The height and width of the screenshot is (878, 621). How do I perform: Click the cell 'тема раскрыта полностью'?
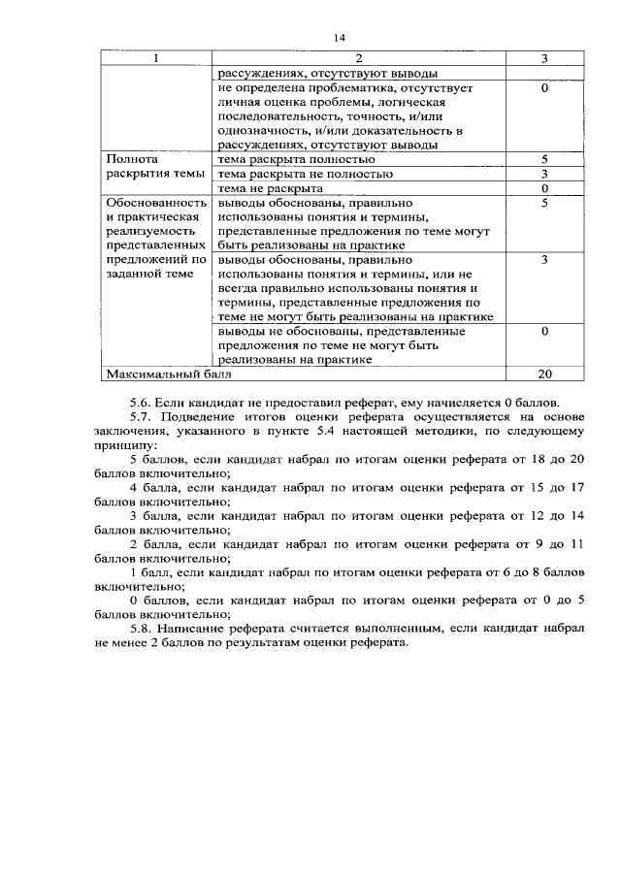[x=297, y=158]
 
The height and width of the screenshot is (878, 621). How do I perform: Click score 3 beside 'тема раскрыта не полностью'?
[x=544, y=173]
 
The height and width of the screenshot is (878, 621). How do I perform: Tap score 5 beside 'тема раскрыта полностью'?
[x=544, y=158]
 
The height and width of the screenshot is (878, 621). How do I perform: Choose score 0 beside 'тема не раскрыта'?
[x=544, y=187]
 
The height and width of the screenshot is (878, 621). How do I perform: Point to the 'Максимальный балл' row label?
[x=156, y=373]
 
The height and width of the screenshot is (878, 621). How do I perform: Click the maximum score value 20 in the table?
[x=544, y=373]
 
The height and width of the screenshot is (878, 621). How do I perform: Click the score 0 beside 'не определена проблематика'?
[x=544, y=88]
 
